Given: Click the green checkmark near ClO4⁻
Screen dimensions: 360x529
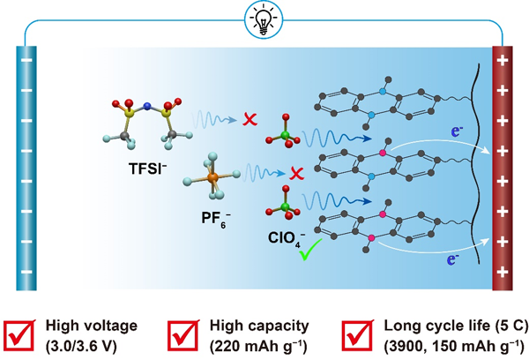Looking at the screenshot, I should [x=309, y=256].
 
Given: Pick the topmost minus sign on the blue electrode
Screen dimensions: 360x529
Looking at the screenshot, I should [x=25, y=64].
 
